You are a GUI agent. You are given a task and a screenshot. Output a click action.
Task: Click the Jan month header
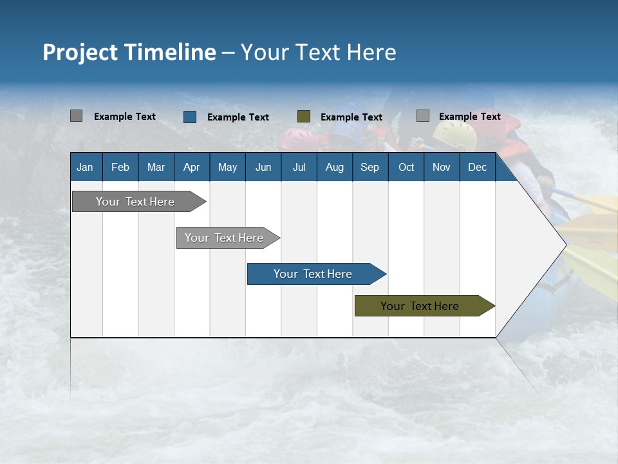coord(85,167)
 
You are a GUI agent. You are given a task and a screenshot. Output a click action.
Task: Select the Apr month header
coord(191,167)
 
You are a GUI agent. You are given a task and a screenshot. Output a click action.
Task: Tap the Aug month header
coord(334,167)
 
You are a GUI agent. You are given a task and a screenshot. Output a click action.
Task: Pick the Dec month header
coord(477,167)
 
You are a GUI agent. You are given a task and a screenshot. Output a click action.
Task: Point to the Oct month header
coord(406,167)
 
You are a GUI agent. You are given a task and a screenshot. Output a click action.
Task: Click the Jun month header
coord(263,167)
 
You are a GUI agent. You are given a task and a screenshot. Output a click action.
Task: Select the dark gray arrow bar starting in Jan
coord(135,202)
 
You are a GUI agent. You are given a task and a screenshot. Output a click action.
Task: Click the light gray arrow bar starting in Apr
coord(224,238)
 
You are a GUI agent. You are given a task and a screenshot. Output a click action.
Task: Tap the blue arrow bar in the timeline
coord(313,274)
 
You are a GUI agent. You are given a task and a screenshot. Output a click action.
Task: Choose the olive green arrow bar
coord(420,306)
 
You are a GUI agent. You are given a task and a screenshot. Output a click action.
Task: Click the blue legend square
coord(190,117)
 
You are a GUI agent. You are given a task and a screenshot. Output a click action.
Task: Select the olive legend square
coord(304,117)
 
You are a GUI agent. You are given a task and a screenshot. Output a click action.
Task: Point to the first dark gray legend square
coord(76,116)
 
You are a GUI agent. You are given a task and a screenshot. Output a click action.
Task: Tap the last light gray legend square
coord(422,116)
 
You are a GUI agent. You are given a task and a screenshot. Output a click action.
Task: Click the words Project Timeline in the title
coord(129,52)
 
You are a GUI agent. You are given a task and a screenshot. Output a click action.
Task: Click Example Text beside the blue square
coord(238,117)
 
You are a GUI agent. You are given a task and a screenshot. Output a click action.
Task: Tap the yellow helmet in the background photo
coord(454,134)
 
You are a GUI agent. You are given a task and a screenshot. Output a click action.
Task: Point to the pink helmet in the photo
coord(295,137)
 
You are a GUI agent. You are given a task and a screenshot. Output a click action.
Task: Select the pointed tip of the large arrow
coord(565,245)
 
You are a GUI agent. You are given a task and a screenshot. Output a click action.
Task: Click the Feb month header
coord(120,167)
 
